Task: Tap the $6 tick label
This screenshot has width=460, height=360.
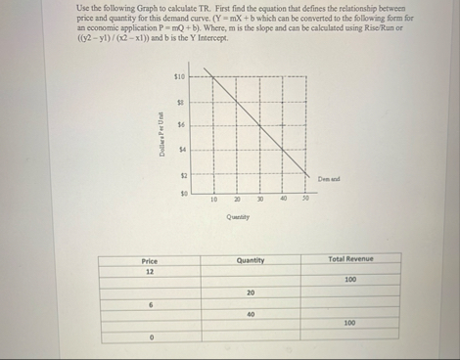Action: click(180, 123)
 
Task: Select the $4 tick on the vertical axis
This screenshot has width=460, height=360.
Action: click(180, 148)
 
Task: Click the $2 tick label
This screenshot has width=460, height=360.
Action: click(180, 172)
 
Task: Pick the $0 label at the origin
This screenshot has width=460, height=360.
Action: click(180, 194)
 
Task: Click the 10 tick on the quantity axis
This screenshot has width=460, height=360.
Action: click(213, 200)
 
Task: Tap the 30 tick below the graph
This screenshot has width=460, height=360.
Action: click(260, 200)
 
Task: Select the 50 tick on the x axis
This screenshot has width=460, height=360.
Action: click(304, 200)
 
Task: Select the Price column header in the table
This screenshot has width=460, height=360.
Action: click(150, 259)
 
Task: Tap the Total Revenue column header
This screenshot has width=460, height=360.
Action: click(350, 258)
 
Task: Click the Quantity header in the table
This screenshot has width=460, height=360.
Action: click(251, 259)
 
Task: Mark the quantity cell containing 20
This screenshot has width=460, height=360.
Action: click(251, 292)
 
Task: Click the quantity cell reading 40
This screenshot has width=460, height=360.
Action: click(251, 313)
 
